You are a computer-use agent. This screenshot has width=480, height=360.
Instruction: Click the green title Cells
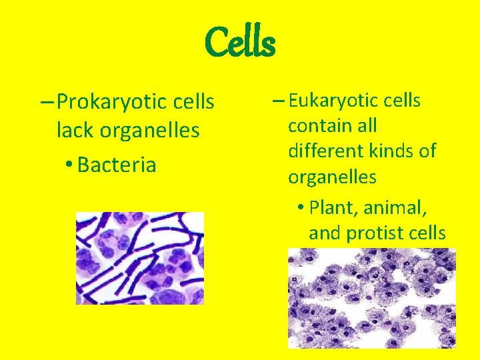pos(239,42)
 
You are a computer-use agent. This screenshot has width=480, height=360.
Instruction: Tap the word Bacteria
pos(117,165)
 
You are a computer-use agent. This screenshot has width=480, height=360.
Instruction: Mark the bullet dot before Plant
pos(301,207)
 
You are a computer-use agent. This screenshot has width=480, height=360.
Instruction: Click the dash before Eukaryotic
pos(278,101)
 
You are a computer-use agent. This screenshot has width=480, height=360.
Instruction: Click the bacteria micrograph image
pos(139,258)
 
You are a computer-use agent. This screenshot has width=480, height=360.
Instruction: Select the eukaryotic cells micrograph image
pos(371,298)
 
